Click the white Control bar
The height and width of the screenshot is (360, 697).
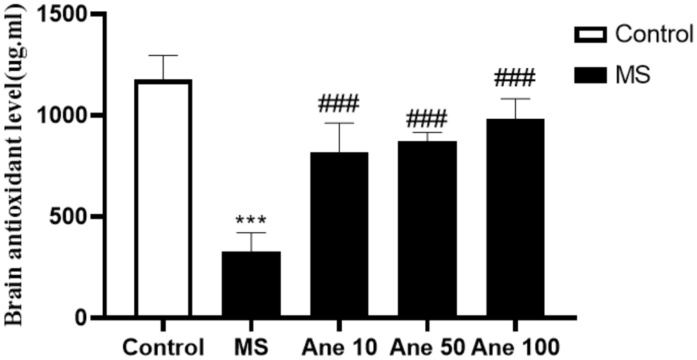pos(163,199)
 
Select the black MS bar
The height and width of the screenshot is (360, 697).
pos(251,284)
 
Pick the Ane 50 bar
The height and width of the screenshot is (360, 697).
pos(427,229)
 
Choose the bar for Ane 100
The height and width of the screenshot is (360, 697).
pos(515,218)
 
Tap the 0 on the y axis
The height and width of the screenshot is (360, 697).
pos(82,319)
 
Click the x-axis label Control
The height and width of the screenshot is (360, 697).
pos(163,346)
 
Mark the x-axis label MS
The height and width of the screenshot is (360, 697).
pos(251,346)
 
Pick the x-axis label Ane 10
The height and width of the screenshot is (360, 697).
pos(338,346)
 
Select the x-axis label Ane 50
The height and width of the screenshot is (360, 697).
pos(426,346)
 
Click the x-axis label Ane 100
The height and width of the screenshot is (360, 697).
pos(515,346)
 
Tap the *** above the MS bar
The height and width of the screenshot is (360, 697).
pos(251,221)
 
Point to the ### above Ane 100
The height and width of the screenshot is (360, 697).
pos(515,77)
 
